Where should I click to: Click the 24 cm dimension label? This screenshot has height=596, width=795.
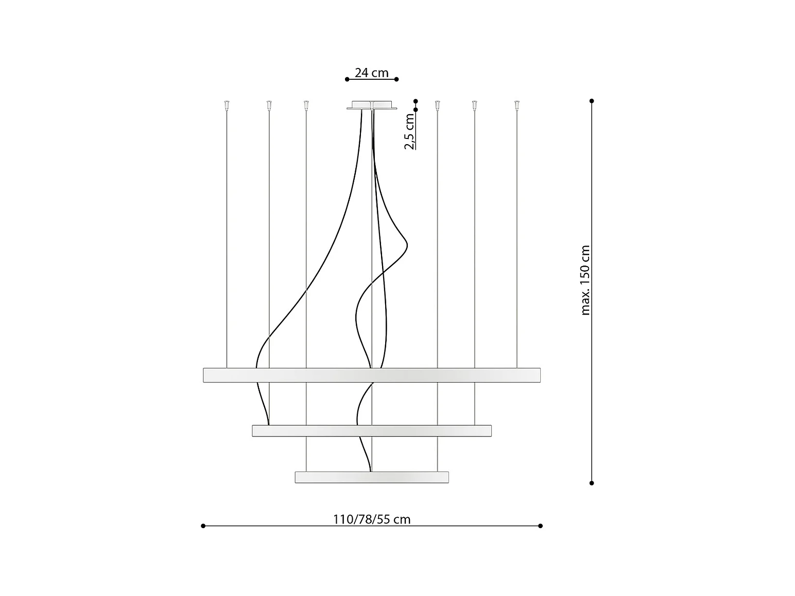371,73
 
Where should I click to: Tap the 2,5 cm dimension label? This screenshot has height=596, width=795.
409,131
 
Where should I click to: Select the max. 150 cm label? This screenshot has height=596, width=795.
585,281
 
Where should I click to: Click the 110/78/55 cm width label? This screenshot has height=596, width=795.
372,520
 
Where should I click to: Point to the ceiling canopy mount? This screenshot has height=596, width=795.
372,105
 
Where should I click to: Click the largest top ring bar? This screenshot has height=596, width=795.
372,375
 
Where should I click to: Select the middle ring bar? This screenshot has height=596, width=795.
372,431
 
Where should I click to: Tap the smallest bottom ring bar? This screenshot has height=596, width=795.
372,477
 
